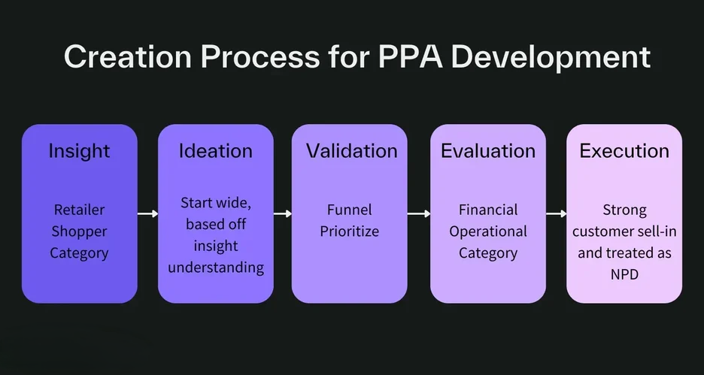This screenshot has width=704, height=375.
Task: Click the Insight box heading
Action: (x=79, y=151)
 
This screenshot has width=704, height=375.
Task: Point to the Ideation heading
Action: (x=216, y=151)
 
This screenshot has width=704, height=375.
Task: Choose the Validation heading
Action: (x=351, y=151)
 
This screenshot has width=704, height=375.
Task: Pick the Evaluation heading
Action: (x=488, y=151)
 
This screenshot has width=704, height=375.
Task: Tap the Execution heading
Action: (x=624, y=151)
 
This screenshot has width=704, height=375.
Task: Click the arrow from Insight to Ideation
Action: (x=147, y=213)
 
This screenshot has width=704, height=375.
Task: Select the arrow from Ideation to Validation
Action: (x=282, y=213)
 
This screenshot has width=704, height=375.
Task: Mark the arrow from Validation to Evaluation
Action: (x=419, y=213)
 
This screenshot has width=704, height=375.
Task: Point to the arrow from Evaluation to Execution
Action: (x=557, y=213)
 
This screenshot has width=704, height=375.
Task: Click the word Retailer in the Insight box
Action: (x=79, y=210)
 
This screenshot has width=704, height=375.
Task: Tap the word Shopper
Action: (x=79, y=232)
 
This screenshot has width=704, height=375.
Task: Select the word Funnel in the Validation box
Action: (x=350, y=210)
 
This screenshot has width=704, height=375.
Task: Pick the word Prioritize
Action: (x=350, y=231)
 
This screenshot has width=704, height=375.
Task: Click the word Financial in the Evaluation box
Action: (x=488, y=210)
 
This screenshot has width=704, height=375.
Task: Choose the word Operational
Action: (x=488, y=232)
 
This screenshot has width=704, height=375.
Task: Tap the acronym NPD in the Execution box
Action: (x=624, y=274)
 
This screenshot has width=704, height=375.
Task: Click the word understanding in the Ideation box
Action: (x=216, y=268)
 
